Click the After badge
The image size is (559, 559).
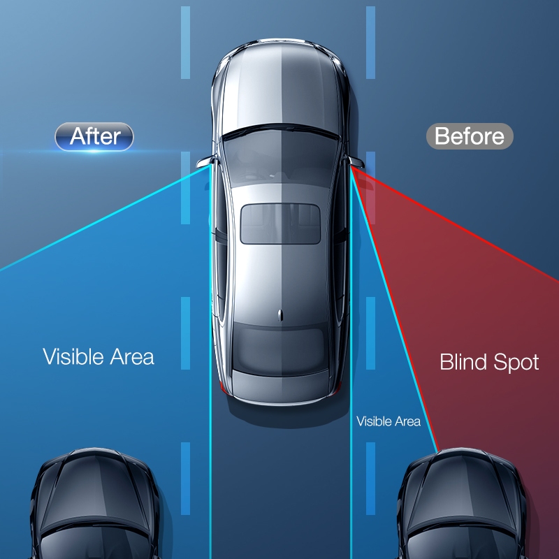[x=94, y=136]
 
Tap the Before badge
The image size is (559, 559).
[x=470, y=136]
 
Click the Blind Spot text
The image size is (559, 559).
[x=489, y=362]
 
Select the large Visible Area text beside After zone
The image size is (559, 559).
[x=99, y=356]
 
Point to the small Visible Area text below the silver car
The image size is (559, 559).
[x=389, y=421]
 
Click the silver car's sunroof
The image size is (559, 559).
[x=280, y=224]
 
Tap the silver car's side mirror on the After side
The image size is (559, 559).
[x=206, y=162]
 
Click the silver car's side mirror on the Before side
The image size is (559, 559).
[x=356, y=162]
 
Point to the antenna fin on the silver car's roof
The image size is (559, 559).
[x=280, y=315]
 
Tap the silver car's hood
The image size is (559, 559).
[x=280, y=85]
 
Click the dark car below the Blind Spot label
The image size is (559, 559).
[x=462, y=503]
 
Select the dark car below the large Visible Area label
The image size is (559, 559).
[x=95, y=503]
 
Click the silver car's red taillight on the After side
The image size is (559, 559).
[x=224, y=388]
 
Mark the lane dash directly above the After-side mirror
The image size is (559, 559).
[x=185, y=43]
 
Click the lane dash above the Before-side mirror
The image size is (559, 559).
[x=371, y=43]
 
